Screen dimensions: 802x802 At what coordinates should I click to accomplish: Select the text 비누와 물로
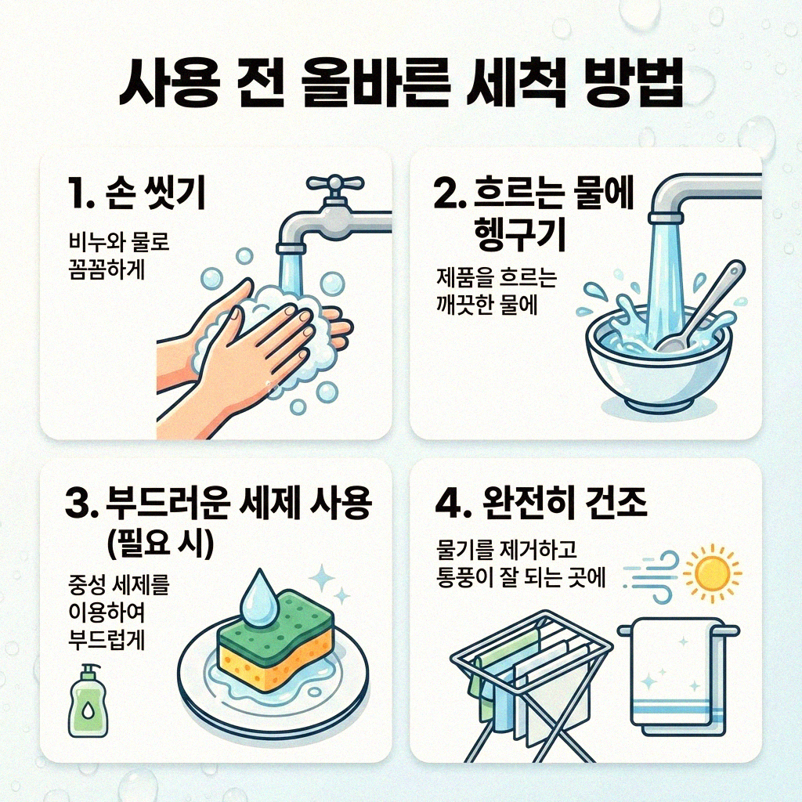pos(119,243)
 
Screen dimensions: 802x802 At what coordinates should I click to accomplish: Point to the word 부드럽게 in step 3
pos(107,641)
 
